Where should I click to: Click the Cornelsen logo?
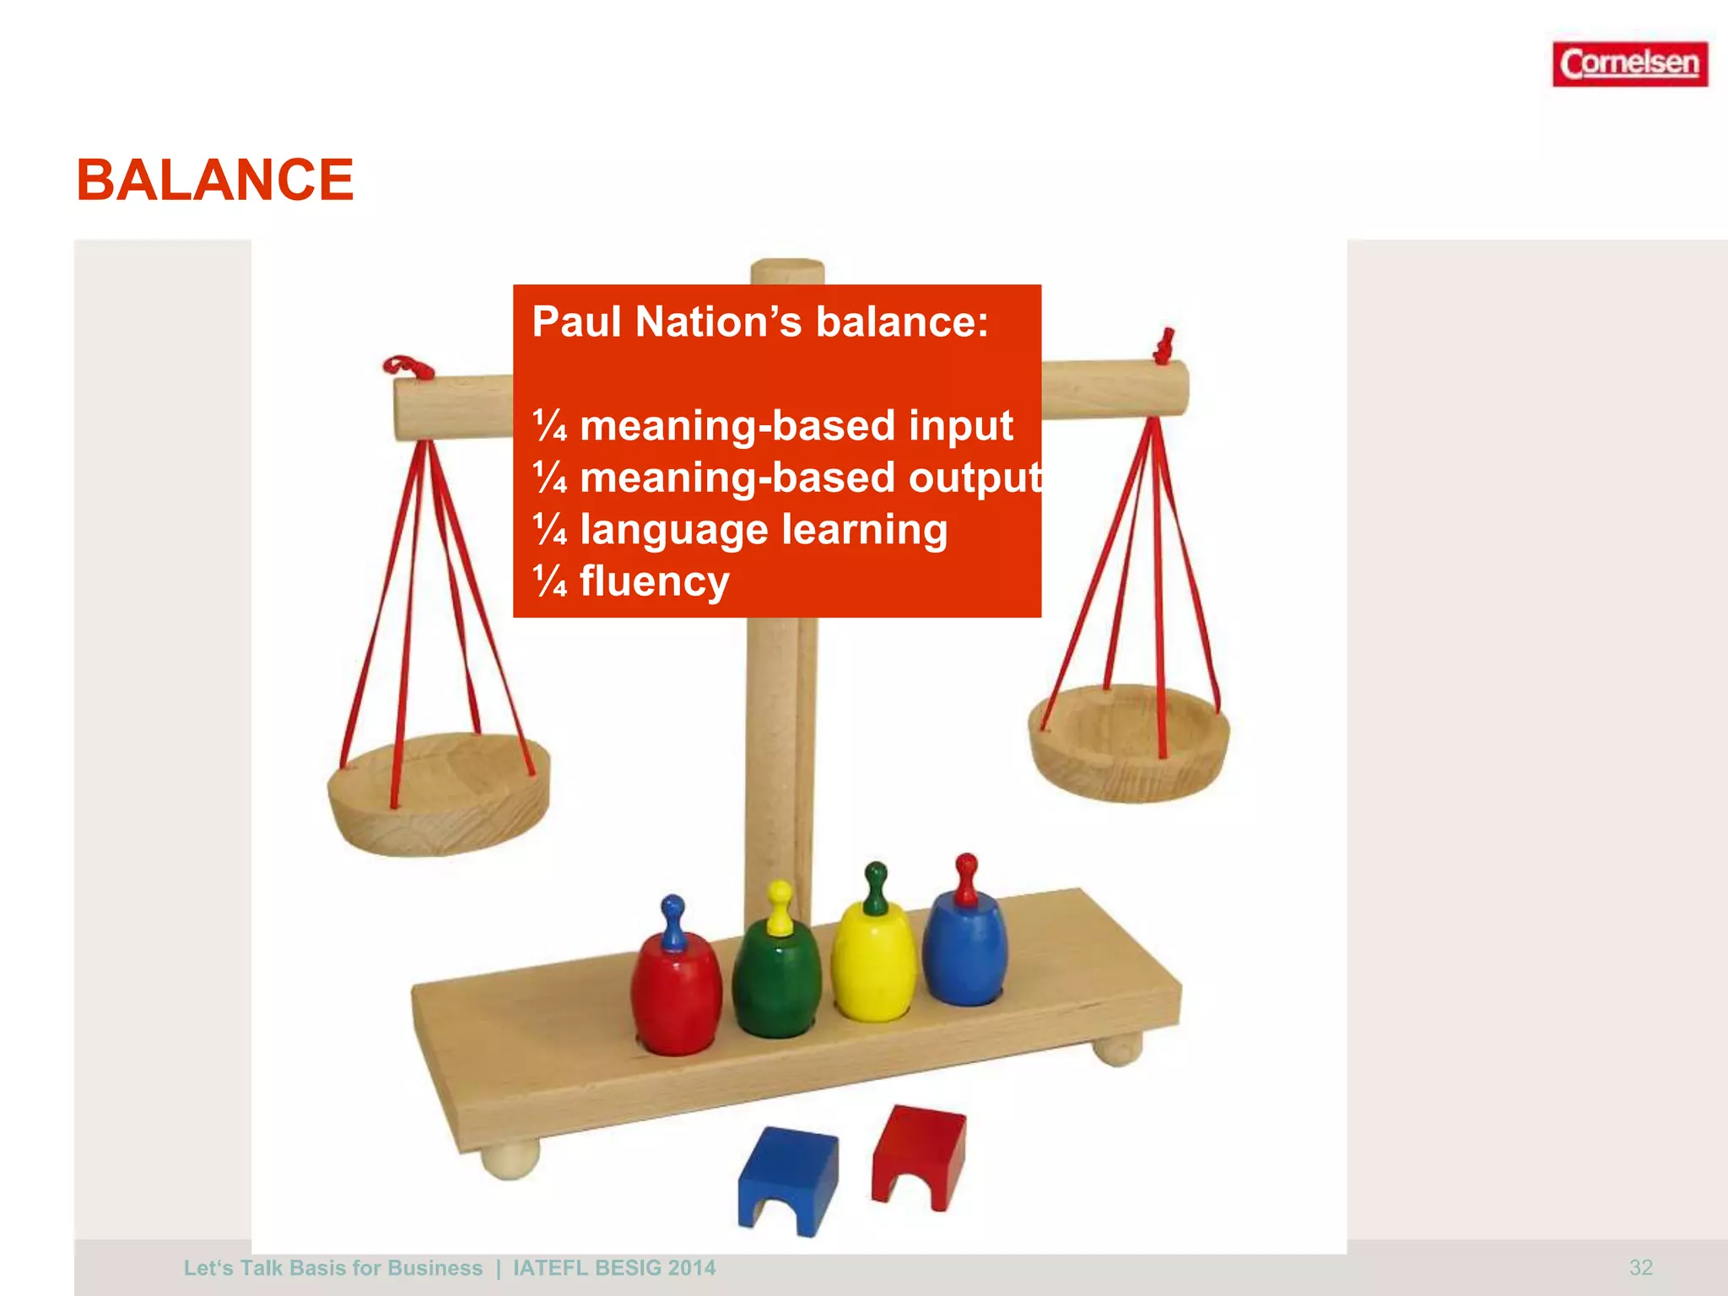(x=1629, y=64)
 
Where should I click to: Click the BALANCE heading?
(x=215, y=181)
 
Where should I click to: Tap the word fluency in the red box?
(x=654, y=581)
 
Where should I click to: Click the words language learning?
(x=764, y=530)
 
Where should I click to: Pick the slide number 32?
(x=1640, y=1267)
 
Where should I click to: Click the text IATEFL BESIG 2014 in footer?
(x=613, y=1268)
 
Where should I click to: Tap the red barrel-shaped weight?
(x=676, y=996)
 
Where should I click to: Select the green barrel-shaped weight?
(x=776, y=979)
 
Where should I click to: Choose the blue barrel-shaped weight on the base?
(x=964, y=949)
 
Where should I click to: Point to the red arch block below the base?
(x=918, y=1152)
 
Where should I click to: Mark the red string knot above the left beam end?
(x=408, y=368)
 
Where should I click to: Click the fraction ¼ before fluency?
(x=550, y=581)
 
